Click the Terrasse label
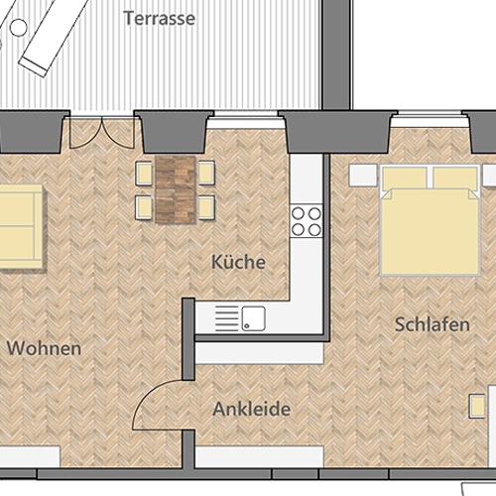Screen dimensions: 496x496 tap(159, 18)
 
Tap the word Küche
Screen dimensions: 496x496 tap(238, 262)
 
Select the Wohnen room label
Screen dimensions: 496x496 tap(44, 348)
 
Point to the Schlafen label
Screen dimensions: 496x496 tap(433, 324)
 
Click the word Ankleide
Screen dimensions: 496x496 tap(252, 409)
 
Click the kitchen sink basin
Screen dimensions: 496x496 tap(253, 318)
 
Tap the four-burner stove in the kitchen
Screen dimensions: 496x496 tap(307, 221)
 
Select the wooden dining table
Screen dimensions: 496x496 tap(176, 189)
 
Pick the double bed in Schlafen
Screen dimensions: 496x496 tap(431, 220)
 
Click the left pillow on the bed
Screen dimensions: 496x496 tap(405, 178)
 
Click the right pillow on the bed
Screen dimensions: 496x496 tap(455, 178)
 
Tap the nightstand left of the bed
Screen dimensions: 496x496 tap(363, 176)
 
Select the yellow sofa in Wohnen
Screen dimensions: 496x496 tap(21, 226)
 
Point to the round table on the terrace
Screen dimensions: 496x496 tap(19, 28)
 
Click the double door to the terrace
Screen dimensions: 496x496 tap(102, 132)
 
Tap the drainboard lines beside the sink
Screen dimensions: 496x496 tap(226, 318)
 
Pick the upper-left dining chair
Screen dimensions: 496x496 tap(144, 174)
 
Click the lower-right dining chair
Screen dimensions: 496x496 tap(206, 207)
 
